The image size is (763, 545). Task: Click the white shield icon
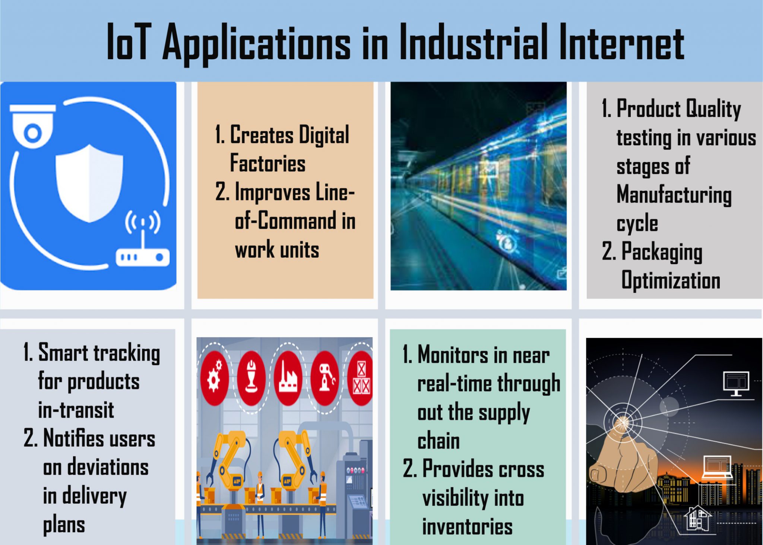(89, 183)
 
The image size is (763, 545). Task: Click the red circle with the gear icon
(214, 378)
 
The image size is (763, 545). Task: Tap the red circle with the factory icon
(287, 378)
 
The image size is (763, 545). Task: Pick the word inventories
(467, 527)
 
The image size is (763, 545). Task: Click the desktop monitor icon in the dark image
(736, 383)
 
